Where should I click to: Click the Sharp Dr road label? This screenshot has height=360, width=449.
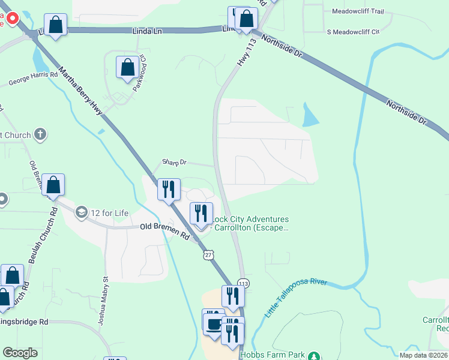point(175,163)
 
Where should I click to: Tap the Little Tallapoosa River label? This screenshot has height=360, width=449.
point(296,298)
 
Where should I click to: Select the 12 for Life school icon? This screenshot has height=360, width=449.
point(81,212)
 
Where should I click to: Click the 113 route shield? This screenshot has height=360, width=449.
point(243,283)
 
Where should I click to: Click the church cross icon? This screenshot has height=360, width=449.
point(40,134)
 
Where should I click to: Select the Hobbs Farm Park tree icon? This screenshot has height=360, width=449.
point(313,356)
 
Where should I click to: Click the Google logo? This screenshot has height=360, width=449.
point(20,353)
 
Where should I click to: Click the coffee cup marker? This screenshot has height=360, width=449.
point(213,323)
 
